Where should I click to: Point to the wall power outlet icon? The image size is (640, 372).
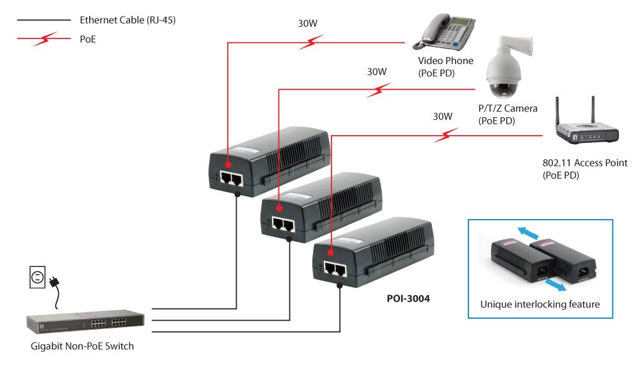[38, 277]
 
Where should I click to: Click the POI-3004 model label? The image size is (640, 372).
[408, 298]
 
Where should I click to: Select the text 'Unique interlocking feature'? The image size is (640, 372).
[540, 304]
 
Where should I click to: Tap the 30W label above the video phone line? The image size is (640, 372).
[308, 24]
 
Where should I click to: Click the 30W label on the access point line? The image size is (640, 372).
[442, 117]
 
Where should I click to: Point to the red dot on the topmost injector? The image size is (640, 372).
[228, 156]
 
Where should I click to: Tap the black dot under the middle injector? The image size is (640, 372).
[289, 240]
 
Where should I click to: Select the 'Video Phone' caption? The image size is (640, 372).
[445, 61]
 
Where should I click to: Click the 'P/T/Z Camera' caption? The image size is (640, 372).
[508, 108]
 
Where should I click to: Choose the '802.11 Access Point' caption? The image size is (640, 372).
[584, 163]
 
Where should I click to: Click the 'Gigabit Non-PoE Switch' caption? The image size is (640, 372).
[83, 346]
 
